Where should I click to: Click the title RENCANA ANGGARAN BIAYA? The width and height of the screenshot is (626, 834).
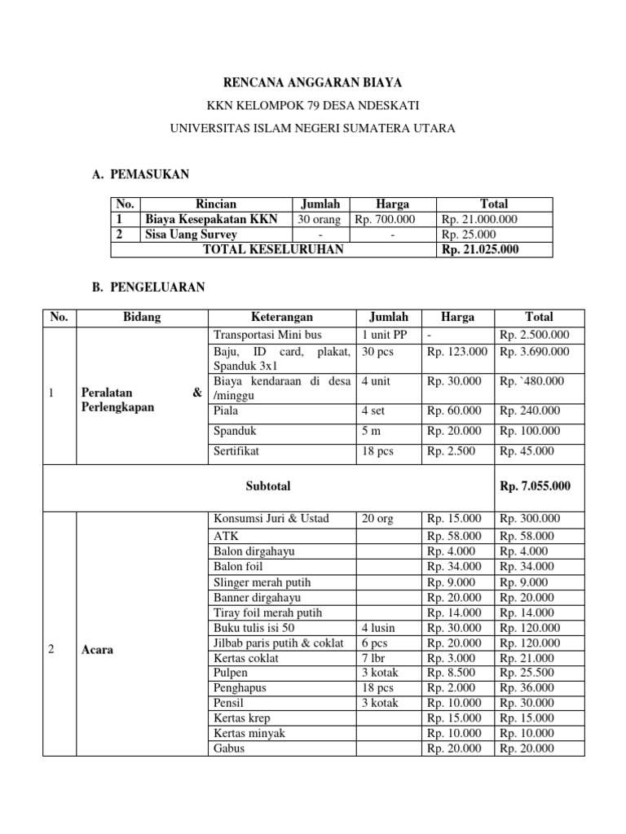click(313, 83)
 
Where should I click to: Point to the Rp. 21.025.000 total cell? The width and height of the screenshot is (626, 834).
click(480, 250)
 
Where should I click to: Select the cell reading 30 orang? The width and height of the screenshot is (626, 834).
click(320, 219)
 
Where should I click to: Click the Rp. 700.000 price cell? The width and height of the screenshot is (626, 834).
click(384, 219)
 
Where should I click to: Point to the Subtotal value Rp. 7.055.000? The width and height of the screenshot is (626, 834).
click(535, 486)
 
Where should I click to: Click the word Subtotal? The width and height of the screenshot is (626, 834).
click(268, 486)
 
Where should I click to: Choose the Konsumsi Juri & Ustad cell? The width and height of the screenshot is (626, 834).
click(271, 519)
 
